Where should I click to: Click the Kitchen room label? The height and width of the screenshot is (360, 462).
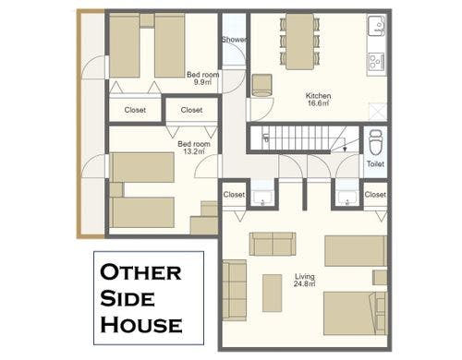tap(318, 99)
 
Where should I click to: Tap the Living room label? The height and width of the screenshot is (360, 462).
tap(305, 279)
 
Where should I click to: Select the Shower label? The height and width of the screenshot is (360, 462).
tap(234, 40)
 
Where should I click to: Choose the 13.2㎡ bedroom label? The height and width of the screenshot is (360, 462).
tap(194, 149)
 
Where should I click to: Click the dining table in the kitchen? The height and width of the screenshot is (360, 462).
tap(299, 42)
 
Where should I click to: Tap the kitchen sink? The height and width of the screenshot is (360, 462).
tap(377, 28)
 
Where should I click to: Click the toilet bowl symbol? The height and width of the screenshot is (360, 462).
tap(375, 143)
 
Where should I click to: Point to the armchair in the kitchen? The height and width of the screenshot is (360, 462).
tap(261, 84)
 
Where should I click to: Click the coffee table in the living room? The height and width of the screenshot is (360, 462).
tap(272, 292)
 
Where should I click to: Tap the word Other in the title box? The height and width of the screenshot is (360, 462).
tap(141, 274)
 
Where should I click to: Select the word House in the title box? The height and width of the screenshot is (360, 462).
tap(140, 325)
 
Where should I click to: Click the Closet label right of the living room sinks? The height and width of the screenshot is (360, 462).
tap(375, 195)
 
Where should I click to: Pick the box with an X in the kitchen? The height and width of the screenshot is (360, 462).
tap(376, 110)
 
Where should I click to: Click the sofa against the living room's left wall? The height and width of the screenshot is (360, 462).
tap(235, 289)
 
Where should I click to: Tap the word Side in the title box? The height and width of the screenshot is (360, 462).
tap(125, 300)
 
